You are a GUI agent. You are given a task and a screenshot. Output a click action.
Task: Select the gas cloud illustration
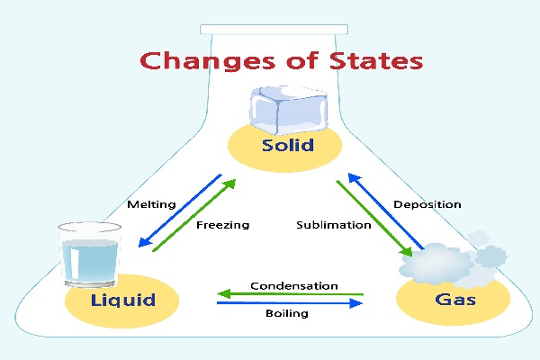coord(441,260)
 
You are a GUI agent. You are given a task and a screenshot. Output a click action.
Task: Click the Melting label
coord(150,204)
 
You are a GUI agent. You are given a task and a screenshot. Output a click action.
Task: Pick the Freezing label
coord(222,224)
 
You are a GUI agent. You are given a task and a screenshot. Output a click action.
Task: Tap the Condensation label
coord(294,285)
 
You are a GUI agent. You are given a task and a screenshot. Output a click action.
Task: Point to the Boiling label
coord(288,314)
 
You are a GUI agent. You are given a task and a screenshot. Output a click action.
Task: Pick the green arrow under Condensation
coord(291,293)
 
